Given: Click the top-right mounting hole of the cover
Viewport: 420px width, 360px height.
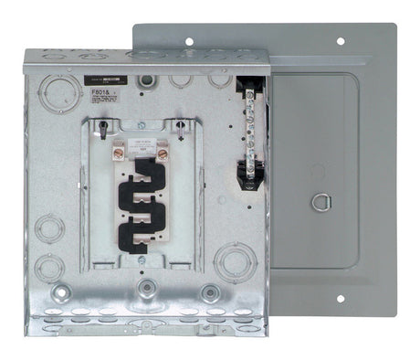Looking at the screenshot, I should (341, 41).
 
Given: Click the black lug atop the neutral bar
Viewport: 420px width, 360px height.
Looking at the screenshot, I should (250, 89).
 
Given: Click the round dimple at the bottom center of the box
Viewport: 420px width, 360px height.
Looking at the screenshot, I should (145, 291).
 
